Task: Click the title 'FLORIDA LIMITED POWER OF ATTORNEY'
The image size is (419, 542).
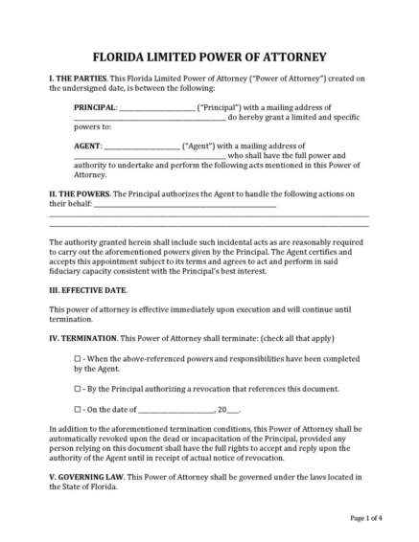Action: (x=209, y=56)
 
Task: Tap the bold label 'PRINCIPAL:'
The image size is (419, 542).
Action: (x=96, y=107)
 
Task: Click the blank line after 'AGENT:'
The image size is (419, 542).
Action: (x=140, y=147)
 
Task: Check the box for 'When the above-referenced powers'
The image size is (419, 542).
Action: (x=78, y=357)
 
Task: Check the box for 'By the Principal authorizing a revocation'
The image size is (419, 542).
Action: (x=78, y=389)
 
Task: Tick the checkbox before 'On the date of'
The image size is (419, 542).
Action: (x=78, y=409)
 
